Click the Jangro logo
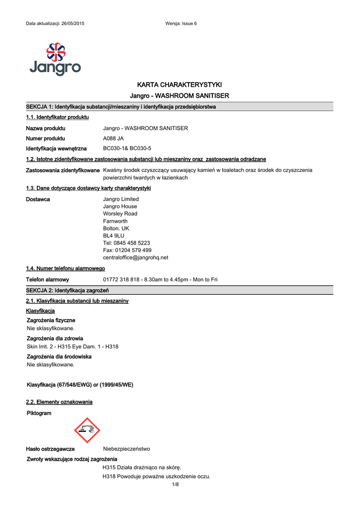pos(55,59)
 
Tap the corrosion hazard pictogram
pos(87,430)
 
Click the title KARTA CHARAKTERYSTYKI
pos(179,85)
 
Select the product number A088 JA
pos(113,138)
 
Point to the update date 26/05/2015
pos(73,24)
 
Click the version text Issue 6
pos(189,24)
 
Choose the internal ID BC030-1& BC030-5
pos(127,149)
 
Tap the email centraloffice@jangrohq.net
pos(136,257)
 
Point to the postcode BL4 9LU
pos(114,236)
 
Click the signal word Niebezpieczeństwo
pos(126,448)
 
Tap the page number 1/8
pos(175,485)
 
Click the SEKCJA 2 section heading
pos(67,290)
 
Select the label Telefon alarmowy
pos(47,280)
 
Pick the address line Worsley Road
pos(120,214)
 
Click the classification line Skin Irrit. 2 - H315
pos(73,346)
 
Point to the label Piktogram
pos(39,413)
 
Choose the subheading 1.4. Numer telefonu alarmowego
pos(65,268)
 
